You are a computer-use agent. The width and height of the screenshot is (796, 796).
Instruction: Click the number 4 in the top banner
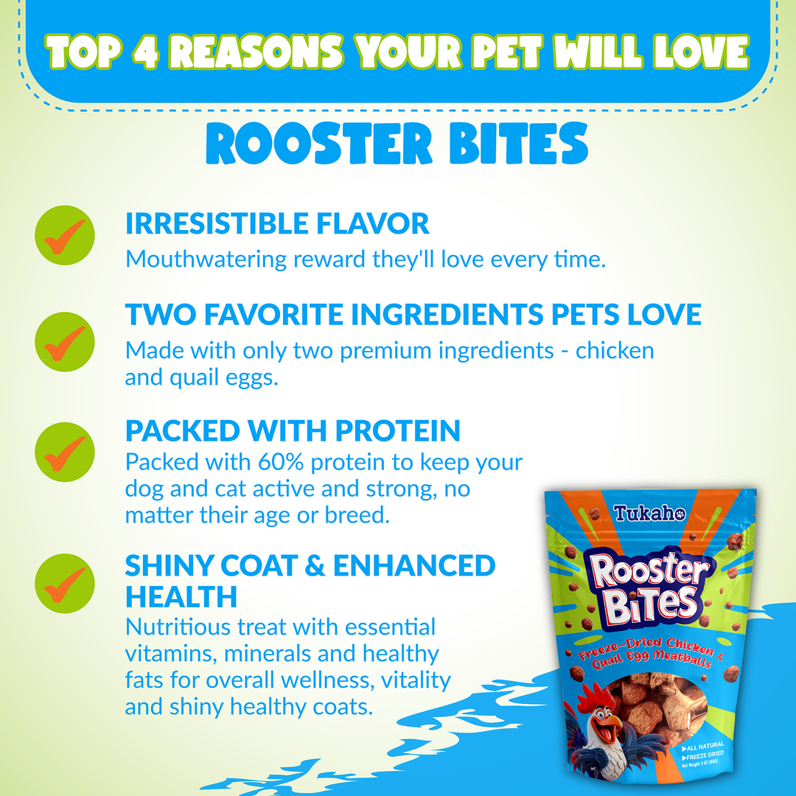pyautogui.click(x=145, y=53)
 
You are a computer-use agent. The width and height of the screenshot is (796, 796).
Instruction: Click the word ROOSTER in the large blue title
pyautogui.click(x=319, y=144)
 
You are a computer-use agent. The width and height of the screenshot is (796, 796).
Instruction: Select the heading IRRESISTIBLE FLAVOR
pyautogui.click(x=277, y=224)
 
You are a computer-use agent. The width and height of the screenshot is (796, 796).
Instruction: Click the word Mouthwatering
pyautogui.click(x=206, y=259)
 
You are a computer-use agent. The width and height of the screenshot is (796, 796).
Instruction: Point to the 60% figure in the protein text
pyautogui.click(x=281, y=462)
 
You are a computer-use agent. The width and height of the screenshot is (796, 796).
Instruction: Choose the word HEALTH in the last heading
pyautogui.click(x=181, y=597)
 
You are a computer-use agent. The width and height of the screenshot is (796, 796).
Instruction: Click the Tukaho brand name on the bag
pyautogui.click(x=649, y=513)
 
